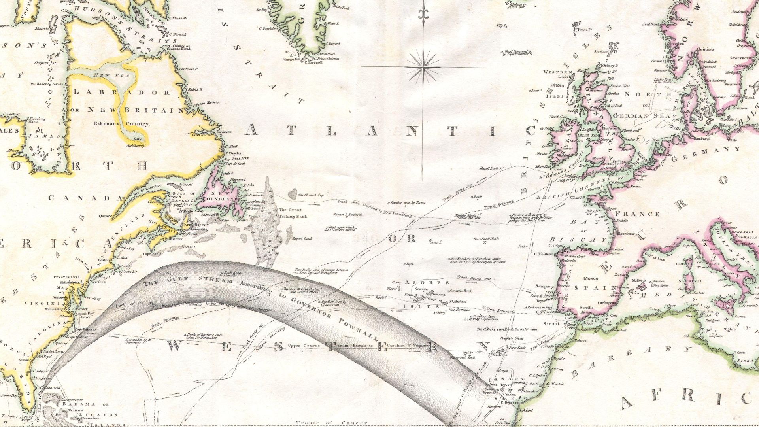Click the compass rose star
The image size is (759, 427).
click(424, 67)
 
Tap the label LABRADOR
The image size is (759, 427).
click(122, 93)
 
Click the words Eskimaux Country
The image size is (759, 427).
click(122, 124)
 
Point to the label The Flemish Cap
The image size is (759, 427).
click(311, 195)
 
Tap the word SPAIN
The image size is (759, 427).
click(592, 288)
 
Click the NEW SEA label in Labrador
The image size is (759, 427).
click(106, 75)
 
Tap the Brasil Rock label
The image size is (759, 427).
click(488, 168)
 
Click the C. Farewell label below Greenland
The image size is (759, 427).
click(313, 62)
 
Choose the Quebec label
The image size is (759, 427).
click(106, 216)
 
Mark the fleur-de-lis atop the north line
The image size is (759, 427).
click(424, 14)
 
